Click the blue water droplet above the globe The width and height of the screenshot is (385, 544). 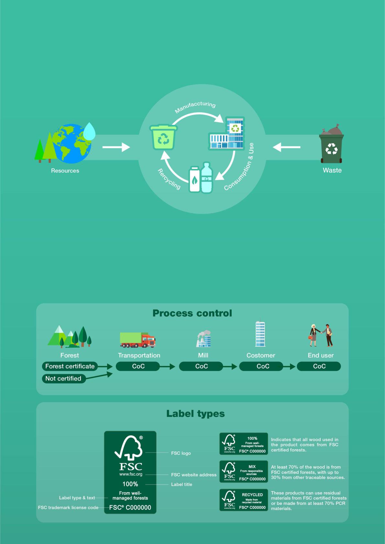coord(89,131)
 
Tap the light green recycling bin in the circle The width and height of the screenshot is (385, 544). coord(164,137)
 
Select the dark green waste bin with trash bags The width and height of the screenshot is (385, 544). coord(331,146)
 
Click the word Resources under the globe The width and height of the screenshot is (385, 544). coord(65,171)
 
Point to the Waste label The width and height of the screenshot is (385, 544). coord(332,170)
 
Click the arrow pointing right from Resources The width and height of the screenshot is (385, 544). coord(116,147)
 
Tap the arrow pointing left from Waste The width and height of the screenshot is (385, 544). coord(287,147)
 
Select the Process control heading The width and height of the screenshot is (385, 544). coord(192,313)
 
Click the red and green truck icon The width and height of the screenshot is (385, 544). coord(138,340)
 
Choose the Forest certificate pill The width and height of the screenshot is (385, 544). coord(70,366)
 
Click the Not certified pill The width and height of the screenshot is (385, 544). coord(63,378)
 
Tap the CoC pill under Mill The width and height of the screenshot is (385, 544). coord(201,366)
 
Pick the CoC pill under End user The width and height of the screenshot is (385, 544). coord(319,366)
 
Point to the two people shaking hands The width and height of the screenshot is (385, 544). coord(320,335)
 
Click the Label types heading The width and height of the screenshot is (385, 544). coord(195,413)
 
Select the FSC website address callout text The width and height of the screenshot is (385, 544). coord(194,475)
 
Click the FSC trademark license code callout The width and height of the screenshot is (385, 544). coord(68,507)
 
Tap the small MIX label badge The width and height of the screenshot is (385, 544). coord(244,471)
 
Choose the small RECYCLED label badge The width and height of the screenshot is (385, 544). coord(244,500)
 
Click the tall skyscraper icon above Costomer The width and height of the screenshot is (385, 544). coord(260,334)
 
